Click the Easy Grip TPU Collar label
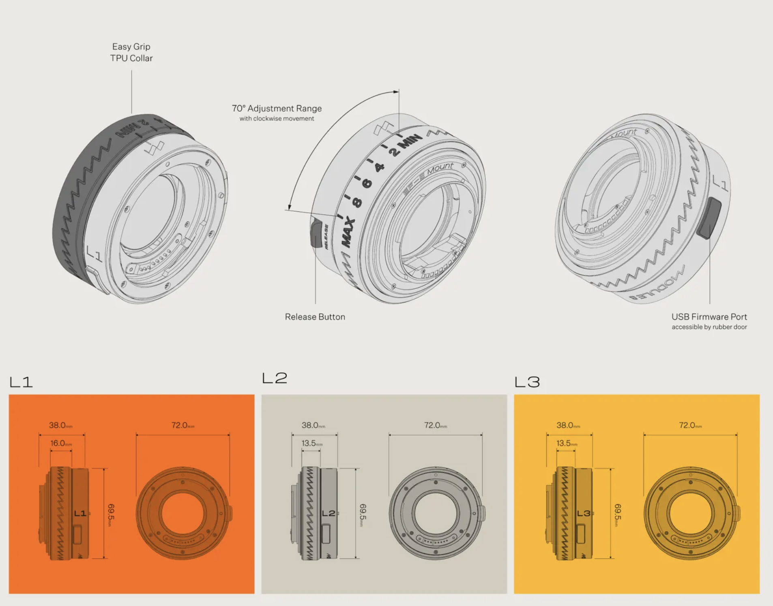[x=131, y=52]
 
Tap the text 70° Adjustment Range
[x=277, y=109]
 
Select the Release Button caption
[x=315, y=317]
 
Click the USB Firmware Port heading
[x=709, y=317]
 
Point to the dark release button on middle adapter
[x=316, y=233]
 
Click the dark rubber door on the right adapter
[x=709, y=218]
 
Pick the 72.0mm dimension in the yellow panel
[x=690, y=425]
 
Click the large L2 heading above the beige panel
[x=275, y=378]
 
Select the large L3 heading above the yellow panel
[x=527, y=382]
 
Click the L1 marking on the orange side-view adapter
[x=80, y=514]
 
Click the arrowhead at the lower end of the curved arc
[x=289, y=207]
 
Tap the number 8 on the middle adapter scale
[x=357, y=202]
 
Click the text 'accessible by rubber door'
[x=709, y=327]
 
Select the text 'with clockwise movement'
[x=277, y=119]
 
